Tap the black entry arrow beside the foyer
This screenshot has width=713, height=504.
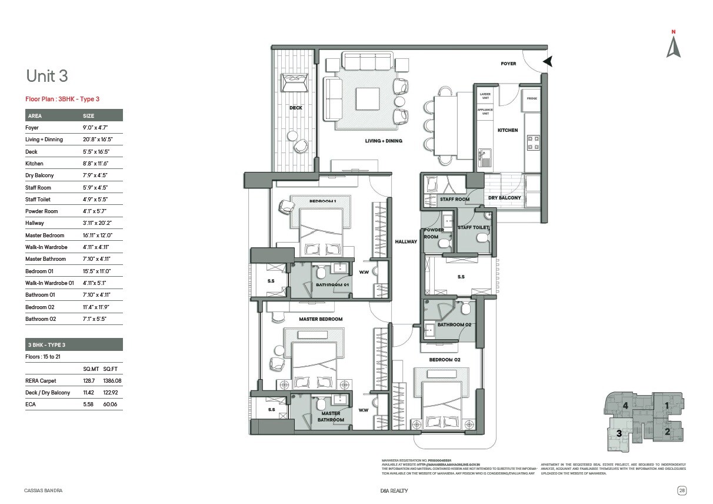click(x=548, y=61)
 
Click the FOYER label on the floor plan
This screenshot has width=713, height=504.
click(x=508, y=64)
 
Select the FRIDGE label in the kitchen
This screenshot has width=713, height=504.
click(x=531, y=98)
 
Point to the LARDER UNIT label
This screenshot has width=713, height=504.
click(x=485, y=95)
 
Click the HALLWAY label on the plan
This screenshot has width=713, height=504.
click(x=406, y=241)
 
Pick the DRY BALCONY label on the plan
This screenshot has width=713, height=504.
click(x=504, y=198)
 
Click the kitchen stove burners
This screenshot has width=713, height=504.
click(x=533, y=142)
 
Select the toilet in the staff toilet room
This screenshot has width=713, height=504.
click(x=482, y=238)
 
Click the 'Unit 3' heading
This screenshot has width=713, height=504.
click(x=47, y=76)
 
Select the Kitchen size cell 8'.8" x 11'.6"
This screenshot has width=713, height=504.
click(x=95, y=164)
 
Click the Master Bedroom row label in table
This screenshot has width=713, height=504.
click(x=45, y=236)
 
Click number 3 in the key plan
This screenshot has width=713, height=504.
click(x=619, y=433)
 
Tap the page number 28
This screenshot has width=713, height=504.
click(x=681, y=490)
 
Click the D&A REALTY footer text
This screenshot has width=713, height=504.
click(x=394, y=490)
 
